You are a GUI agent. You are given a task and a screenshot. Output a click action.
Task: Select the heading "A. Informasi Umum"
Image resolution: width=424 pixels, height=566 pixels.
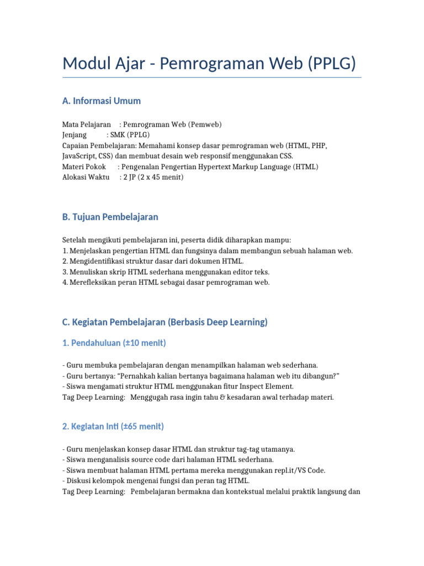(102, 101)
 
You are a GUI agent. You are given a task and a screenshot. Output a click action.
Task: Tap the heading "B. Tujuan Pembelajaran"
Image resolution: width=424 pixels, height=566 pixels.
(110, 217)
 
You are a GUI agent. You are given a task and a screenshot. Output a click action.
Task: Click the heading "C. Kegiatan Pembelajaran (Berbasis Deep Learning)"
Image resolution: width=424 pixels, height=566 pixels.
(165, 322)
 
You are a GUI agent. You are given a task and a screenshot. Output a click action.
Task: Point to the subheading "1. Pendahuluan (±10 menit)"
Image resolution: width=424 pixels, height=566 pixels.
(114, 343)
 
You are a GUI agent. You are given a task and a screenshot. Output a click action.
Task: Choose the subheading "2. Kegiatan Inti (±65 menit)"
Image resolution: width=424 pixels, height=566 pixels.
(113, 427)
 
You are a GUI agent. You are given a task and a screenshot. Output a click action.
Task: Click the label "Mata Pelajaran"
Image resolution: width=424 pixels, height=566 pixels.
(87, 125)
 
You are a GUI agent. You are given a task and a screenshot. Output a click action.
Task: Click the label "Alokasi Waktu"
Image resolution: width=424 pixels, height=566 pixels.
(86, 177)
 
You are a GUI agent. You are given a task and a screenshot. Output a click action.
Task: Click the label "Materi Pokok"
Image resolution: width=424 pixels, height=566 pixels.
(84, 166)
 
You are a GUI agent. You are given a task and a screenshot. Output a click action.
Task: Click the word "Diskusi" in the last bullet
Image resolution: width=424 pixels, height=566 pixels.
(79, 481)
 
